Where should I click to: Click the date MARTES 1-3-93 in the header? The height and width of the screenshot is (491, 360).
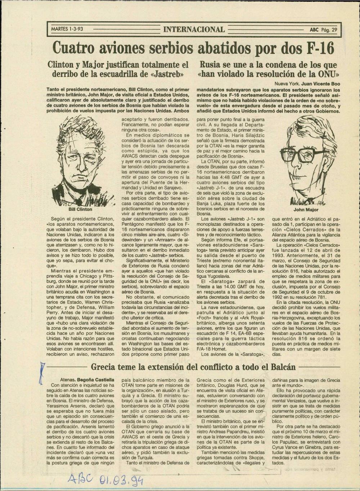click(x=67, y=29)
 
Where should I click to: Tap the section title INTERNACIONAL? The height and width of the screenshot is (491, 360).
click(x=194, y=29)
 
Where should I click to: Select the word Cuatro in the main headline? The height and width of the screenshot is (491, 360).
click(x=75, y=48)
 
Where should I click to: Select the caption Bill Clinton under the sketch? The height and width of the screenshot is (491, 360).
click(x=80, y=209)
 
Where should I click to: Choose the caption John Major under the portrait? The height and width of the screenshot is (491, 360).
click(x=306, y=209)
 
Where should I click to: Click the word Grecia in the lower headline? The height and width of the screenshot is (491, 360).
click(x=104, y=367)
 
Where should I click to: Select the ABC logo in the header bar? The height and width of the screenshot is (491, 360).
click(x=314, y=30)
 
